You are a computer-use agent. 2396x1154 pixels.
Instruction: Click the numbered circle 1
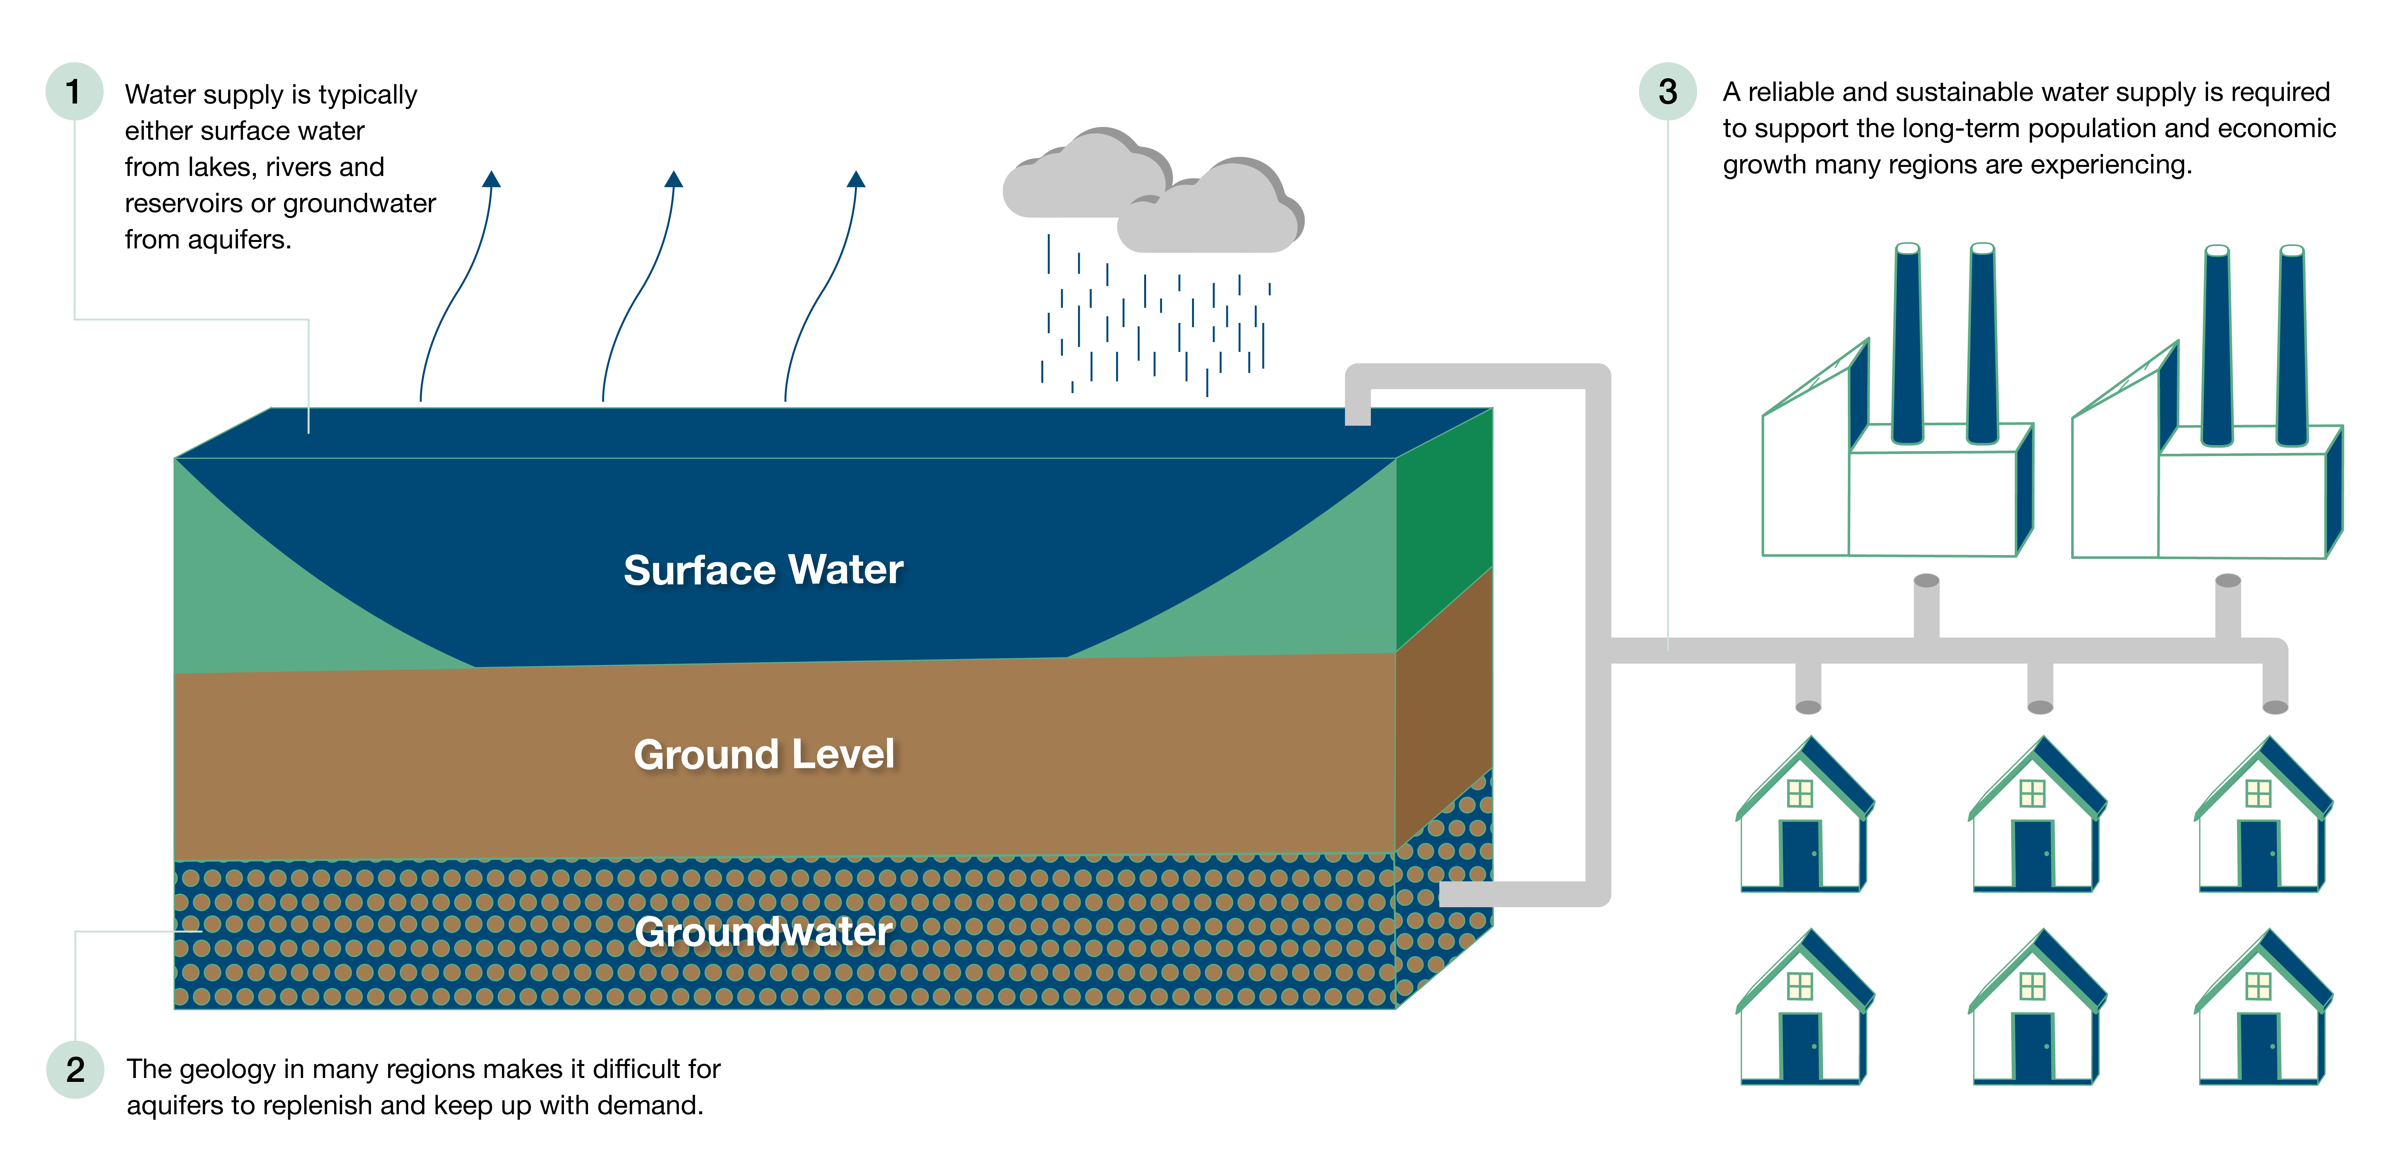pos(73,91)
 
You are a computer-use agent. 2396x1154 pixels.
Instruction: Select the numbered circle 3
pos(1668,91)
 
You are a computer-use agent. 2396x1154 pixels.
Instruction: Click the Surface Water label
pos(763,570)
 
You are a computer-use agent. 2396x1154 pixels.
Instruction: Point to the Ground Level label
pos(764,754)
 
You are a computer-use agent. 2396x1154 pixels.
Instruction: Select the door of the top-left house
pos(1801,854)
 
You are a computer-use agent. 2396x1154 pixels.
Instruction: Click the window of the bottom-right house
pos(2258,986)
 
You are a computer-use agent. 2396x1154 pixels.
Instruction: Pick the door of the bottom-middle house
pos(2033,1047)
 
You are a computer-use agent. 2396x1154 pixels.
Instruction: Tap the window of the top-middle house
pos(2032,793)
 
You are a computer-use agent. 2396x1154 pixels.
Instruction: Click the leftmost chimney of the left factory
pos(1908,344)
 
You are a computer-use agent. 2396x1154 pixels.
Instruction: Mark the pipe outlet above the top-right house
pos(2275,705)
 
